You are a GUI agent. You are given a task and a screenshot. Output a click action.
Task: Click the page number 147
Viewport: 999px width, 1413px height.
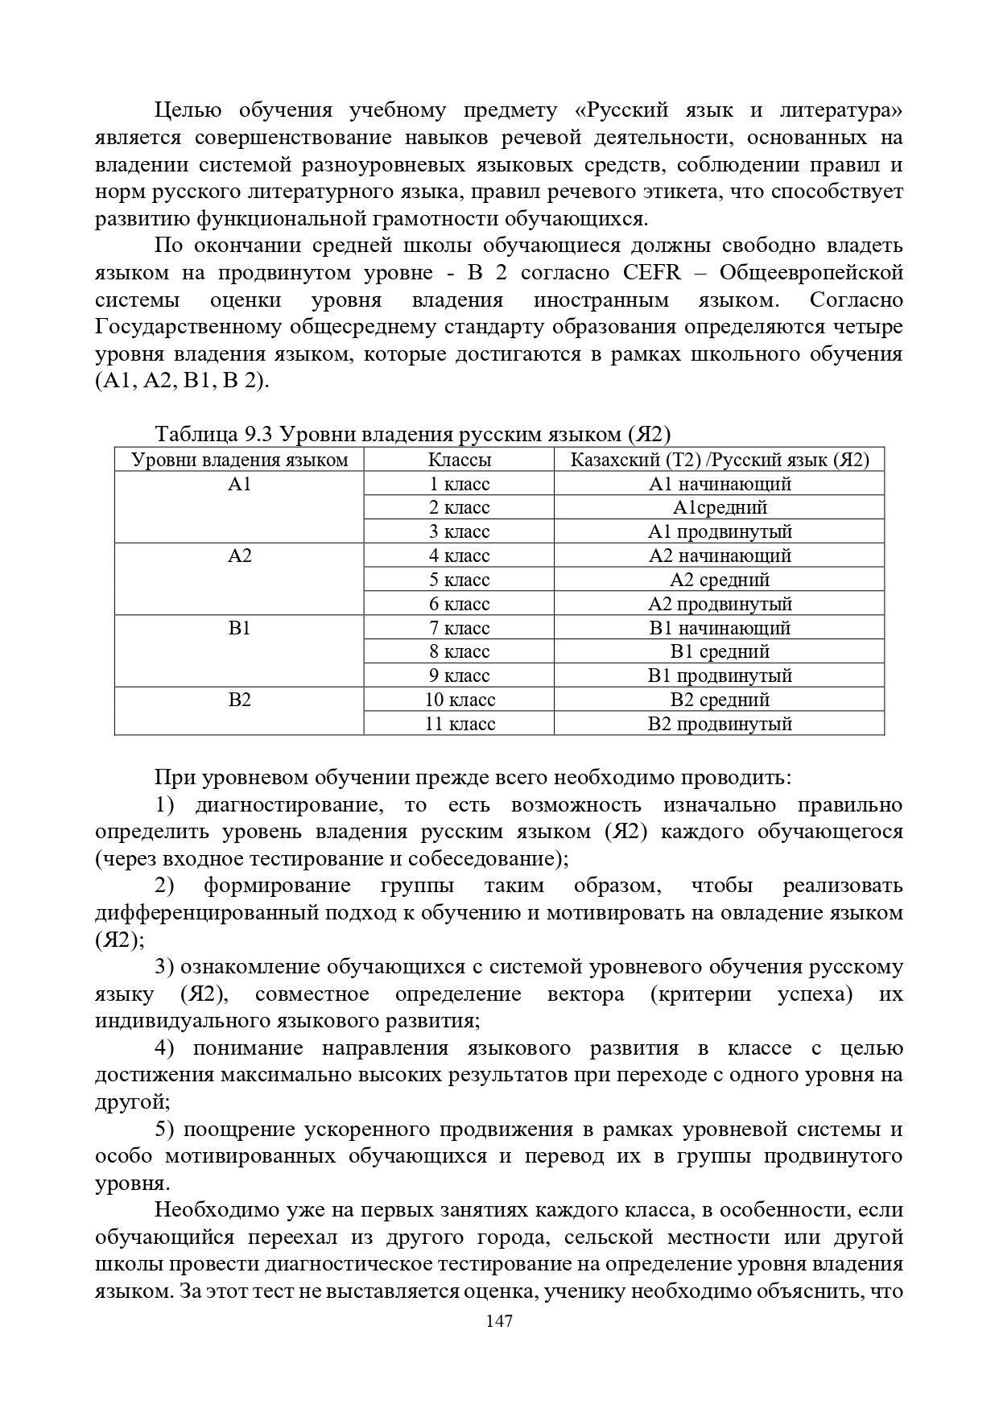[499, 1321]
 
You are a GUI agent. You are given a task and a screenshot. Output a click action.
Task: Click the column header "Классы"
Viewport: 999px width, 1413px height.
[459, 460]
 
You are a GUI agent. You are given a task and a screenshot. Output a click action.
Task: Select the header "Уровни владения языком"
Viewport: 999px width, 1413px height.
[239, 460]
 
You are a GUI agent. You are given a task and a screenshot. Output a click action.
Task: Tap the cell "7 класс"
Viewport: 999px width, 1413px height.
[459, 628]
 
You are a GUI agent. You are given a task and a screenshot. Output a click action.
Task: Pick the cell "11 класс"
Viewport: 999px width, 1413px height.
[460, 724]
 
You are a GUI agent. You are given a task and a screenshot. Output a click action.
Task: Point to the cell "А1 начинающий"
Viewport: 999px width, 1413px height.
[720, 484]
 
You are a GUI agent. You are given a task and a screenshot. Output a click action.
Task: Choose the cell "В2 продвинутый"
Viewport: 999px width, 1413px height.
[720, 724]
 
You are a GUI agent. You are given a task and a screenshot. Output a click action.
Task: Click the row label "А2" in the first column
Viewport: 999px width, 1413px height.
[240, 556]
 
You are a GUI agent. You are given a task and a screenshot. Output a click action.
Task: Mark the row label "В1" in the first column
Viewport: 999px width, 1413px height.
[240, 628]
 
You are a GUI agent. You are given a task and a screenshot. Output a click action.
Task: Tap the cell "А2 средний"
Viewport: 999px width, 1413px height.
[720, 580]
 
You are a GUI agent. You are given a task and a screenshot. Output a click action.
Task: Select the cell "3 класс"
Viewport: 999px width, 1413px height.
[459, 531]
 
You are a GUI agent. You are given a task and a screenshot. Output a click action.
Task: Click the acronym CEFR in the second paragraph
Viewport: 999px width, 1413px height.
[651, 273]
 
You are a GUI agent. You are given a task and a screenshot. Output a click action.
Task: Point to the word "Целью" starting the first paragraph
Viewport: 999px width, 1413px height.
[186, 110]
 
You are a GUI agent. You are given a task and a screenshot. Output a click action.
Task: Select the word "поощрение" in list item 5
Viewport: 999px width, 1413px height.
[238, 1130]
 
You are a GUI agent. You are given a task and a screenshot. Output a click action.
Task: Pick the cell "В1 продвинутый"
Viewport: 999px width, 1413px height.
[720, 676]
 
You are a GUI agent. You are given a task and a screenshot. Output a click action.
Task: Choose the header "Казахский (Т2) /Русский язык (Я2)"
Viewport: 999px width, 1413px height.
[720, 460]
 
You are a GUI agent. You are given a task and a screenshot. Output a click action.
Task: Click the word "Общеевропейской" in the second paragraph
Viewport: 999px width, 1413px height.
[811, 273]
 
